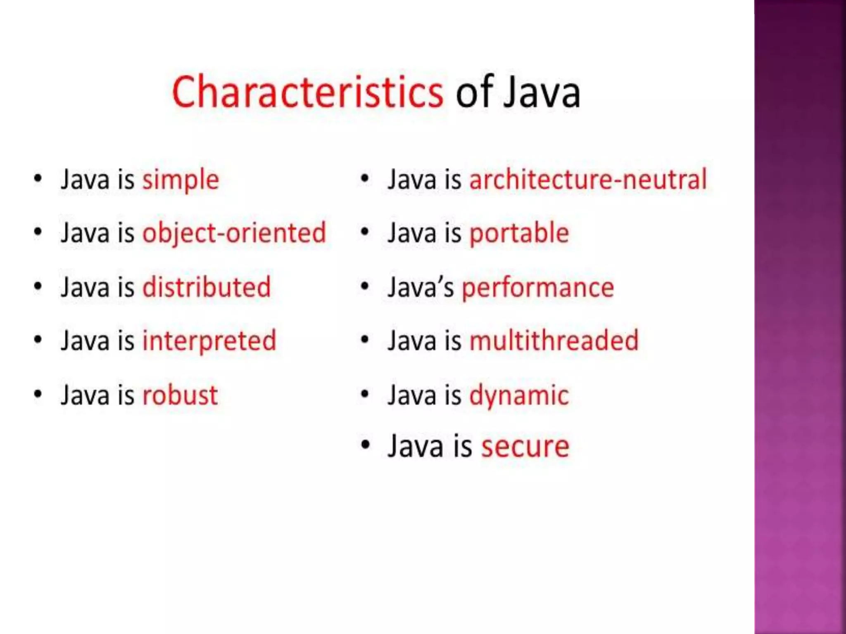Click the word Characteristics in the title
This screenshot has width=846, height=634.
[307, 92]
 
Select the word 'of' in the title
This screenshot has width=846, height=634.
[475, 92]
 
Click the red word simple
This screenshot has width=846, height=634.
[181, 180]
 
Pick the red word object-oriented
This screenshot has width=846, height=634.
[234, 233]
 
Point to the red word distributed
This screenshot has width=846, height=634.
[207, 287]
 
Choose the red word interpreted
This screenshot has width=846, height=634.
[209, 341]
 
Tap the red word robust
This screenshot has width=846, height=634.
[180, 395]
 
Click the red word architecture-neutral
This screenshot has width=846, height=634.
[588, 180]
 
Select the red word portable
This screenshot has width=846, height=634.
[519, 233]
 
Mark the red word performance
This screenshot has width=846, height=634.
[538, 288]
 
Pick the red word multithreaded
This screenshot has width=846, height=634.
[554, 341]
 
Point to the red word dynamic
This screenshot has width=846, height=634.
[519, 396]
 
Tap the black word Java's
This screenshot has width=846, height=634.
[421, 287]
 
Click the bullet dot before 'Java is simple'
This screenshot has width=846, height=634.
[38, 179]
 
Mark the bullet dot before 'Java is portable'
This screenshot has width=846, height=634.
[364, 232]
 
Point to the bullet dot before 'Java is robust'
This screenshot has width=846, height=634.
[38, 394]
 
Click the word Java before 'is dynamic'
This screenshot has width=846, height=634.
[412, 395]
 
